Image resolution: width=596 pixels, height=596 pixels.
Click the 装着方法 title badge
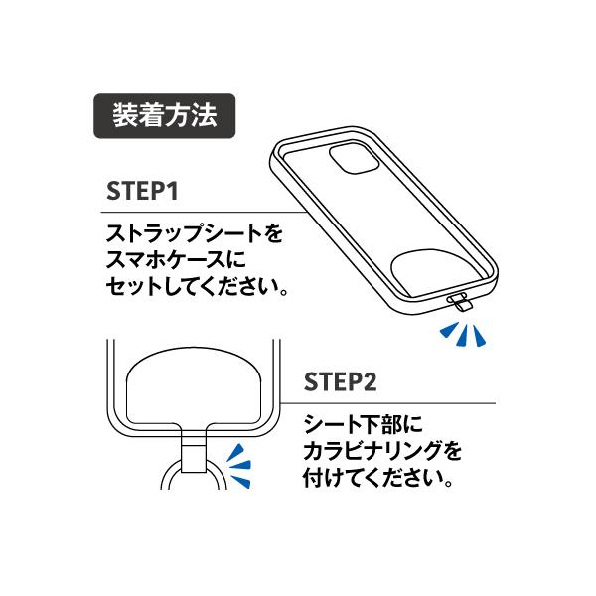pyautogui.click(x=164, y=116)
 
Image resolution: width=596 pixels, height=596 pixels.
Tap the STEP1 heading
pyautogui.click(x=142, y=191)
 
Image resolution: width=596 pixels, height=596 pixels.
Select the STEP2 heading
pyautogui.click(x=340, y=382)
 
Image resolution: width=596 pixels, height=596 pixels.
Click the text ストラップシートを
pyautogui.click(x=195, y=233)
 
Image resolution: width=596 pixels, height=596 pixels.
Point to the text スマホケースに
pyautogui.click(x=177, y=260)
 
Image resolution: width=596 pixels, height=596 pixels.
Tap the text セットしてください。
pyautogui.click(x=197, y=287)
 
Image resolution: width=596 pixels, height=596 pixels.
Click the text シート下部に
pyautogui.click(x=363, y=424)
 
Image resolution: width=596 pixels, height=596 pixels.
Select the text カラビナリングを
pyautogui.click(x=382, y=451)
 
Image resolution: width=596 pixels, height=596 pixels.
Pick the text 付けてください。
pyautogui.click(x=378, y=478)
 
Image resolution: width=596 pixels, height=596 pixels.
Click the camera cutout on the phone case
pyautogui.click(x=355, y=159)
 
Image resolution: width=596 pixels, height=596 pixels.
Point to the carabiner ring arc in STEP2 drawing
pyautogui.click(x=166, y=473)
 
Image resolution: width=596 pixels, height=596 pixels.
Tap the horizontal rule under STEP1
pyautogui.click(x=204, y=213)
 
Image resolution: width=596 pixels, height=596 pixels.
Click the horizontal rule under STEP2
pyautogui.click(x=387, y=403)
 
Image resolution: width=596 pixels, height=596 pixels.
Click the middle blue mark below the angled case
pyautogui.click(x=462, y=335)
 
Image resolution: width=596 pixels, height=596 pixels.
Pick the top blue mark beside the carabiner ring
pyautogui.click(x=236, y=452)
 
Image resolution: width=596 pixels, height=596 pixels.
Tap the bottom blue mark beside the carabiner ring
pyautogui.click(x=240, y=481)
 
